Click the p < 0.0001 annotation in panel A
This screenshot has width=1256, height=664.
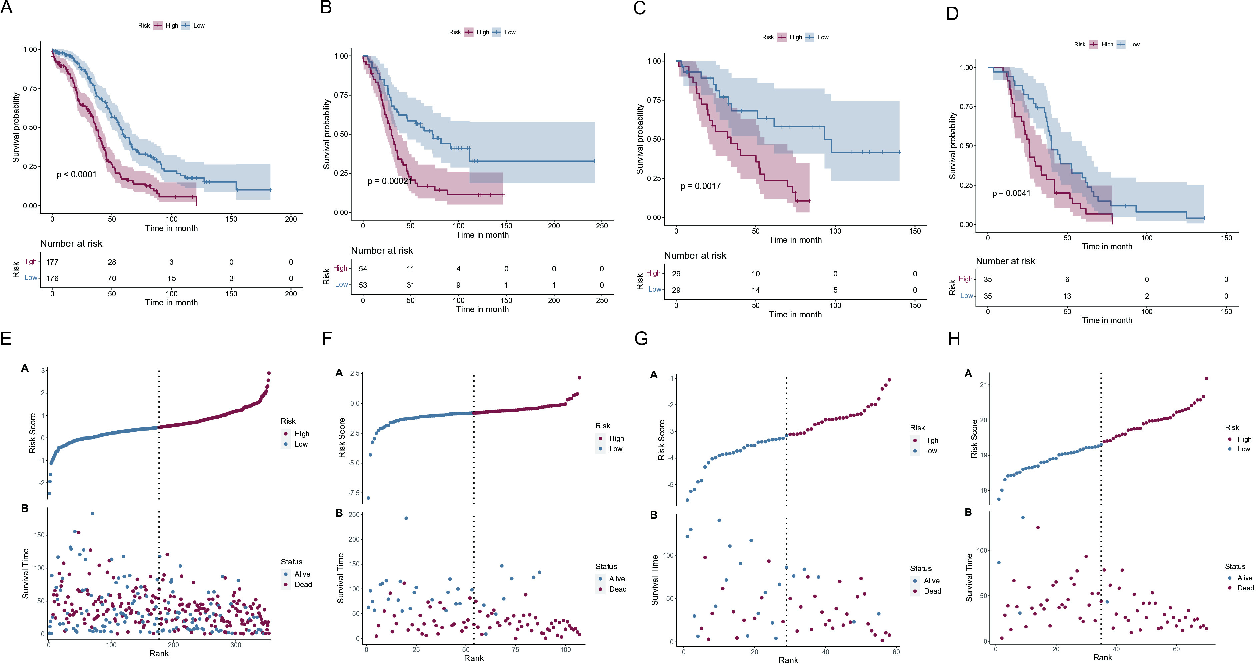77,175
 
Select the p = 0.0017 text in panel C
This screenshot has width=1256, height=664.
701,186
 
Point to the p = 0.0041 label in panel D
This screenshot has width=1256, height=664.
1011,194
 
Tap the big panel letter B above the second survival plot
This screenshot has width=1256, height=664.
326,7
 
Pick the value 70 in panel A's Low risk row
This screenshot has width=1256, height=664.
112,278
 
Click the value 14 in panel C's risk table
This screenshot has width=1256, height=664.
755,290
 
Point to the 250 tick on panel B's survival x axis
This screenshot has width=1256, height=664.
602,226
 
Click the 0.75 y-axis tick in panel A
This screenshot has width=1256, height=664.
31,88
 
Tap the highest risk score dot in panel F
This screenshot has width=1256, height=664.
579,378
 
